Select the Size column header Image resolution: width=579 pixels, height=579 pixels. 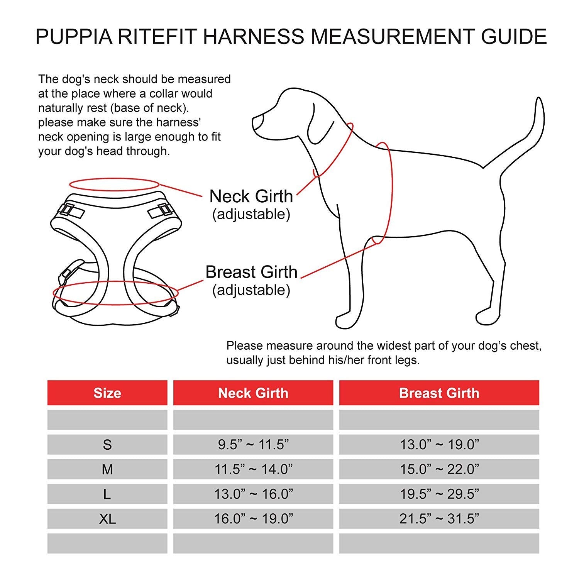(107, 393)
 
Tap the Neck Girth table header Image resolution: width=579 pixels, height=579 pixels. (253, 393)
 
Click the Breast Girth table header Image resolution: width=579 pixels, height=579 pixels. (439, 393)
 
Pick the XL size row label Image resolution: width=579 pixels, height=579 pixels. (107, 519)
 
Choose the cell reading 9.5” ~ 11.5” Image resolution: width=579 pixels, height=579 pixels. (253, 445)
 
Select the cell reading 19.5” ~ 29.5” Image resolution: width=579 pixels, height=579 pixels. (439, 494)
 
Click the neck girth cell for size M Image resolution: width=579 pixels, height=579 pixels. (253, 469)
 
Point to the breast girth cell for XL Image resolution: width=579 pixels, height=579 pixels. (439, 519)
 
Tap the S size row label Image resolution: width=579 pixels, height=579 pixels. (107, 445)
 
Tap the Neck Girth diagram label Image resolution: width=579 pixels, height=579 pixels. (251, 196)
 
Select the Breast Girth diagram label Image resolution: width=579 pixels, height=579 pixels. (251, 272)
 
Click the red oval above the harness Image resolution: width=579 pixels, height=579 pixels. (114, 185)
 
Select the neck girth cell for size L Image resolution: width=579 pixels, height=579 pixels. (253, 494)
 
